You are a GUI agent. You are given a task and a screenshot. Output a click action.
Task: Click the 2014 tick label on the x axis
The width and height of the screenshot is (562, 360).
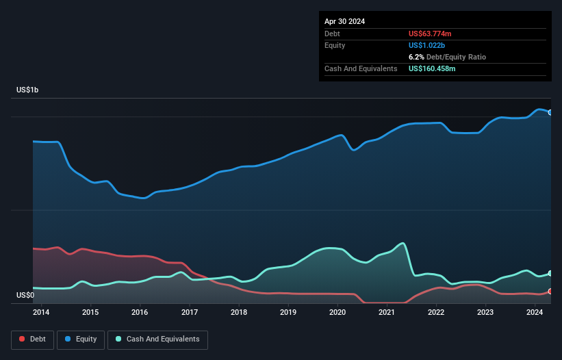41,312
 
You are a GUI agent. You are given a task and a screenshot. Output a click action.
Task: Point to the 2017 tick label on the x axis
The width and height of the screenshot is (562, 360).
190,312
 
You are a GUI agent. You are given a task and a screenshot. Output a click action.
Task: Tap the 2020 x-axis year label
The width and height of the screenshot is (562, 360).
337,312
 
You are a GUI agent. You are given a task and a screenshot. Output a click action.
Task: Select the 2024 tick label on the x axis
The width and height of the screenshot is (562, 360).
535,312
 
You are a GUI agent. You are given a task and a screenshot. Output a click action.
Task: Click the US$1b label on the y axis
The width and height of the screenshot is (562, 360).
27,90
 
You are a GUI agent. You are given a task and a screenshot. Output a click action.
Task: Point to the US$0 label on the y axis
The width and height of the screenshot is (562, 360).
25,295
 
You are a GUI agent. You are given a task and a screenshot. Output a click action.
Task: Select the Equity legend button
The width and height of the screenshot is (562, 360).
81,339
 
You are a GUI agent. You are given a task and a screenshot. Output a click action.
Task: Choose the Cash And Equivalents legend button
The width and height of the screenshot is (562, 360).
157,339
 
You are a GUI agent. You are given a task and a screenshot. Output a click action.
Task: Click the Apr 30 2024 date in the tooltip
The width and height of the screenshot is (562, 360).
344,21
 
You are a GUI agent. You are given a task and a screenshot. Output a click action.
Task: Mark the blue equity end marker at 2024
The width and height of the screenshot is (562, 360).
550,112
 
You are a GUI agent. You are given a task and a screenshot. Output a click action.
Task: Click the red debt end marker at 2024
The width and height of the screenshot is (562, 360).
550,292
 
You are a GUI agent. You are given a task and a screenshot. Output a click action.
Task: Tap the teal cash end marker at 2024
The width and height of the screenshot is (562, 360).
550,273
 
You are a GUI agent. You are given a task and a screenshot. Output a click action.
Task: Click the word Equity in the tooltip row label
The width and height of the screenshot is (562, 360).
335,45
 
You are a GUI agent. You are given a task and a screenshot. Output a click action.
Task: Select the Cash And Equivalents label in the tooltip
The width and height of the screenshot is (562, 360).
361,69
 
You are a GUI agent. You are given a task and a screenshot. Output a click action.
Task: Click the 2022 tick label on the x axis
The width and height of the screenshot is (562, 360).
436,312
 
